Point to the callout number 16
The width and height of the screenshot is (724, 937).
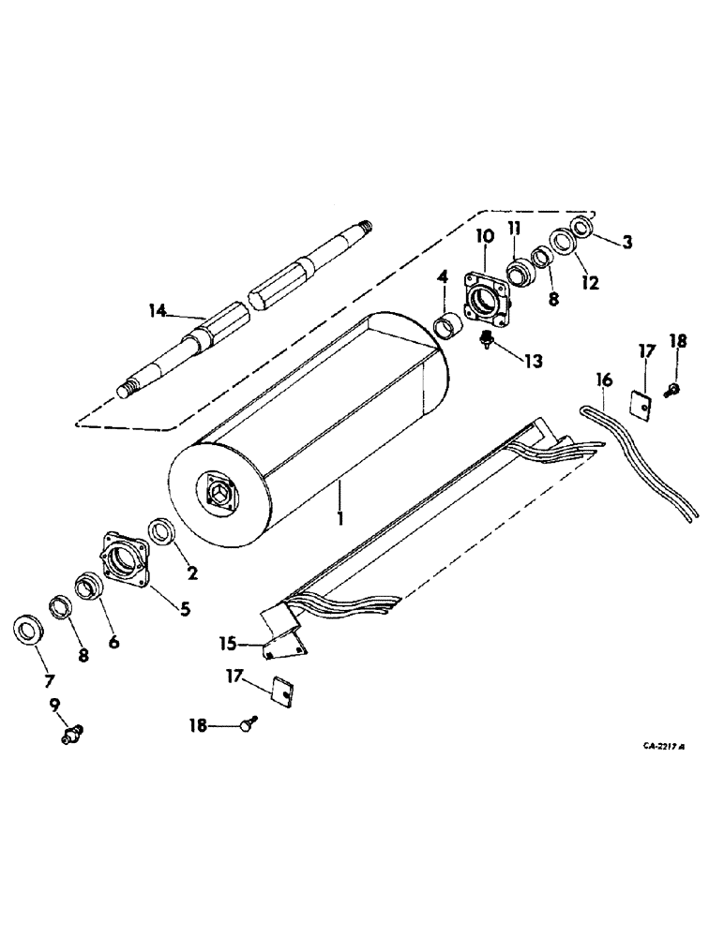(604, 379)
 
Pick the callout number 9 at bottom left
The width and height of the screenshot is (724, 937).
(53, 702)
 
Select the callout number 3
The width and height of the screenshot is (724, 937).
(626, 243)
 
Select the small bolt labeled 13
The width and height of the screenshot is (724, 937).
(486, 340)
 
